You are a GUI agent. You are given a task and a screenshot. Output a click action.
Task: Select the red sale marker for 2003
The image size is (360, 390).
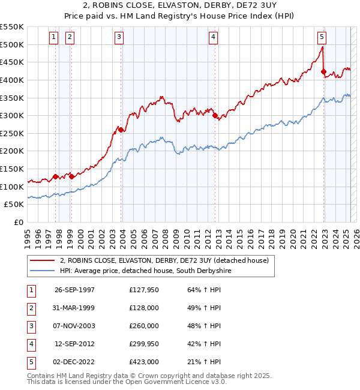pyautogui.click(x=121, y=129)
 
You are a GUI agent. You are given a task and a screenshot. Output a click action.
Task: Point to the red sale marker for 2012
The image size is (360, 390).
pyautogui.click(x=214, y=116)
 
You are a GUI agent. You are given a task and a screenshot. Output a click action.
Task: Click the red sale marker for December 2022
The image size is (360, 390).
pyautogui.click(x=324, y=72)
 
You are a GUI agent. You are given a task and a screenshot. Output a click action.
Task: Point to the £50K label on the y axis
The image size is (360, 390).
pyautogui.click(x=14, y=204)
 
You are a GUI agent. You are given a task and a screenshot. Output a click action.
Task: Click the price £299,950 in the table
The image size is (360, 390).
pyautogui.click(x=143, y=344)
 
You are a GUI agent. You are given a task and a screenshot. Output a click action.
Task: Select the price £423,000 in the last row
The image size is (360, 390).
pyautogui.click(x=143, y=362)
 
